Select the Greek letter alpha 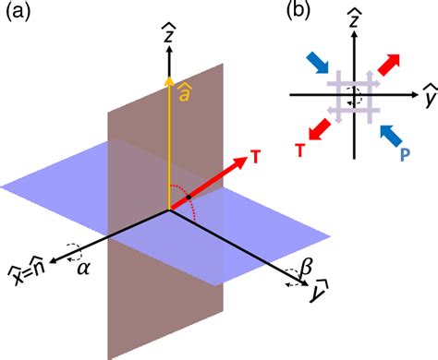83,269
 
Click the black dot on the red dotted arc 189,198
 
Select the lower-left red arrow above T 321,130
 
